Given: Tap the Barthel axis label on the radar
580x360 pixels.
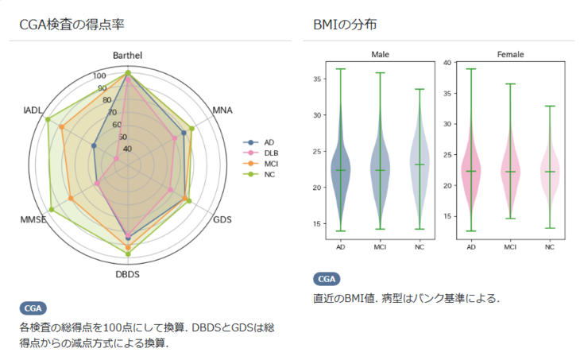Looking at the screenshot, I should tap(127, 56).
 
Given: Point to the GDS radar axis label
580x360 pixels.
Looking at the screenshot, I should tap(223, 219).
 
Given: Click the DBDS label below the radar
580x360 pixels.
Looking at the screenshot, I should tap(127, 274).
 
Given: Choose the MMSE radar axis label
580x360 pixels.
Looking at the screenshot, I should tap(33, 219).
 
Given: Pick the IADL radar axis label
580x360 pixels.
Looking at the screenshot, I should tap(33, 110).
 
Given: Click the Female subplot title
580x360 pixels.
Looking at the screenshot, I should tap(510, 55).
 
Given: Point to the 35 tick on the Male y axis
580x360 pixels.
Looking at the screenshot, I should tap(316, 79).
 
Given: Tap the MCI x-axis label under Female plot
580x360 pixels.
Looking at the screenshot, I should tap(510, 248).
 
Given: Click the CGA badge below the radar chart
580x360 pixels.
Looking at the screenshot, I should tap(33, 308).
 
